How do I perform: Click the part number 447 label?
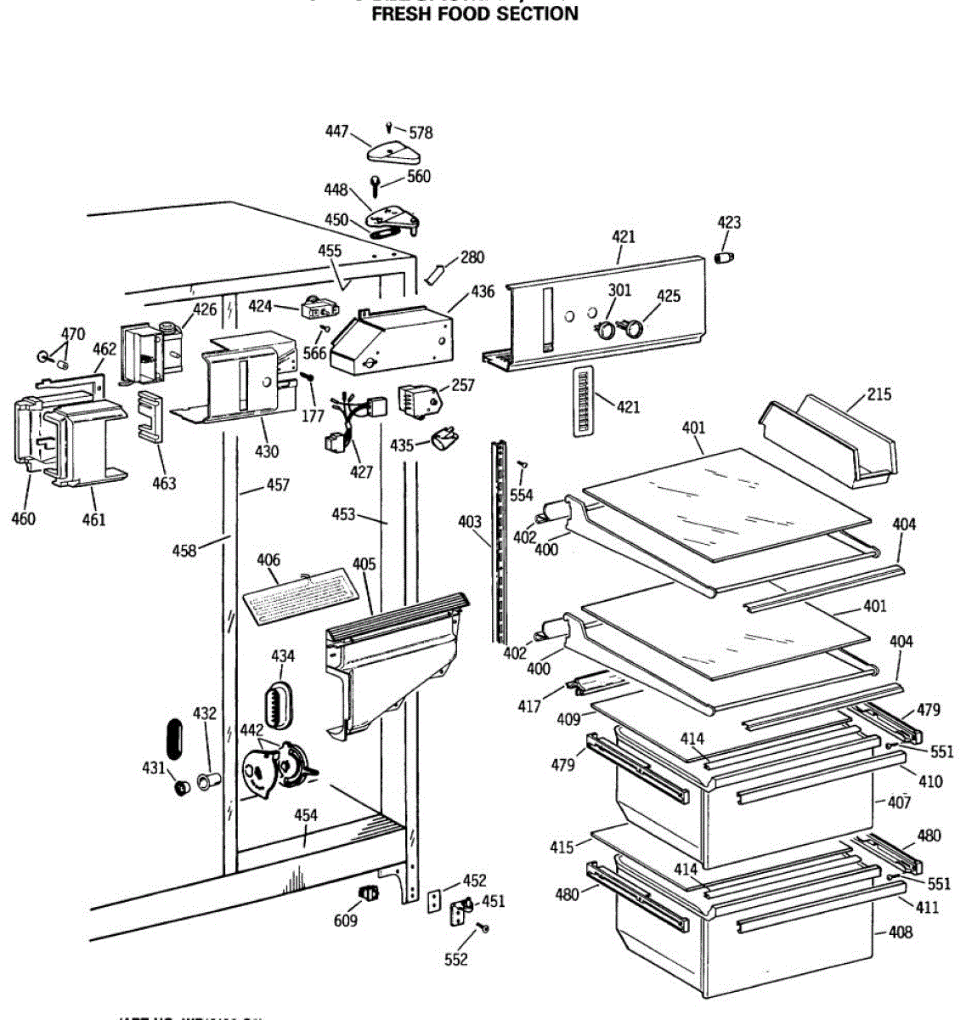337,131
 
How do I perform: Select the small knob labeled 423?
724,257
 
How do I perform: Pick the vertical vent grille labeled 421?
582,402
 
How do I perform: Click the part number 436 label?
483,292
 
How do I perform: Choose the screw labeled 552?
483,927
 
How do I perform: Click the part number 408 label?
900,932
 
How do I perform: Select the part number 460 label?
24,517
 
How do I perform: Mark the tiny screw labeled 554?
523,464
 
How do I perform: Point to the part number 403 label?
470,522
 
